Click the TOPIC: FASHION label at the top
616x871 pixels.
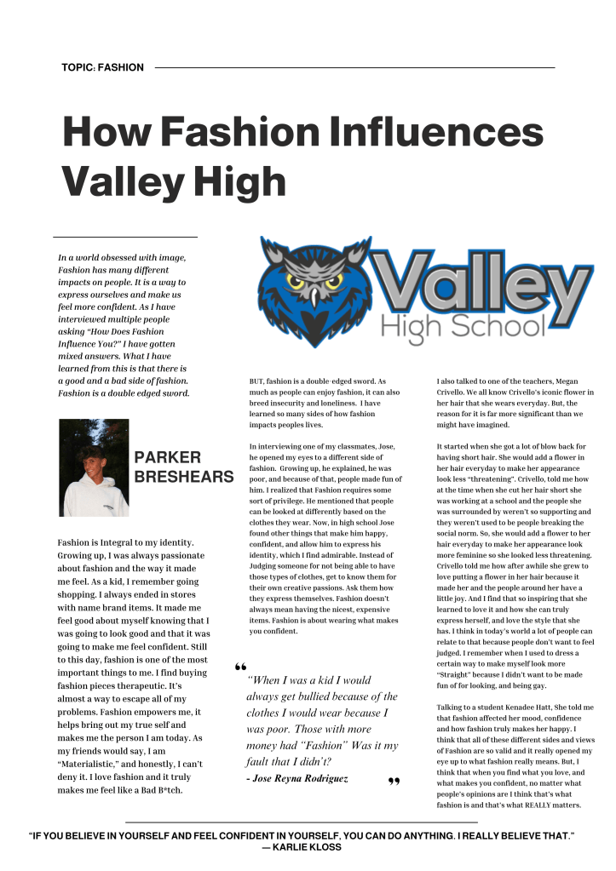pos(102,67)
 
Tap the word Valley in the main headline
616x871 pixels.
pos(123,181)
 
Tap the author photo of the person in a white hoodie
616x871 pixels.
pos(94,467)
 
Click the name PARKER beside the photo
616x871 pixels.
pos(168,457)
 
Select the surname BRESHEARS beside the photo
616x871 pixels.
pos(183,477)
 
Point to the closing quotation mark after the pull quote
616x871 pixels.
pos(394,782)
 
